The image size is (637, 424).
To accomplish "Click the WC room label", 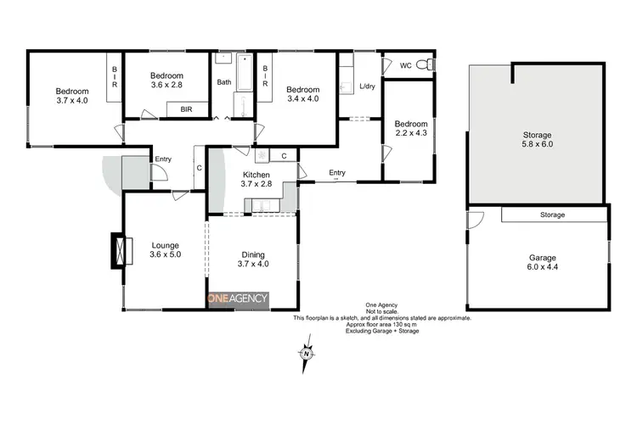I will point(405,65).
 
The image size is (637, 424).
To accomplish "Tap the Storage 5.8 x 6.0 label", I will point(537,140).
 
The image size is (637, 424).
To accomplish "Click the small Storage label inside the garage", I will point(553,215).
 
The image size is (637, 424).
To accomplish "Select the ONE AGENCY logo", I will point(239,298).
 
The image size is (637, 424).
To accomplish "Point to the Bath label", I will point(224,82).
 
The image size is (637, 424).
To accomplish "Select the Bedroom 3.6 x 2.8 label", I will point(166,80).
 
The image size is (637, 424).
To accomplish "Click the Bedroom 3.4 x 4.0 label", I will point(302,94).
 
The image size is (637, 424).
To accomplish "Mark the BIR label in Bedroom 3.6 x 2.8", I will point(185,109).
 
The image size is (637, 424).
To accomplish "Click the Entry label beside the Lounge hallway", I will point(163,159).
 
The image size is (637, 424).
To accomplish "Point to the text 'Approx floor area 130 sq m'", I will point(381,325).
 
